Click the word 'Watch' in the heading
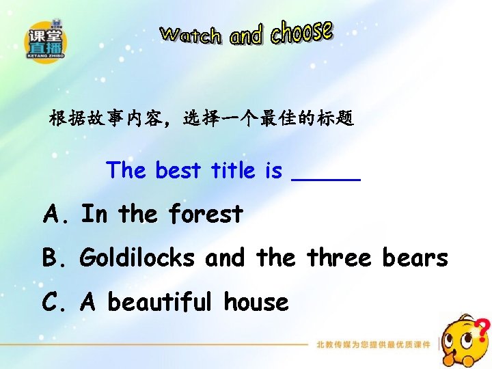(x=191, y=35)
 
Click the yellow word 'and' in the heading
(x=246, y=36)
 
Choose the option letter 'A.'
(x=56, y=215)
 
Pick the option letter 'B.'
(x=55, y=258)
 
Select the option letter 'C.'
(x=55, y=301)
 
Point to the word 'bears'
(x=415, y=258)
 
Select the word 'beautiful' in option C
(x=160, y=301)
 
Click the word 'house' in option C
(x=256, y=301)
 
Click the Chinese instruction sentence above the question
(x=202, y=119)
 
